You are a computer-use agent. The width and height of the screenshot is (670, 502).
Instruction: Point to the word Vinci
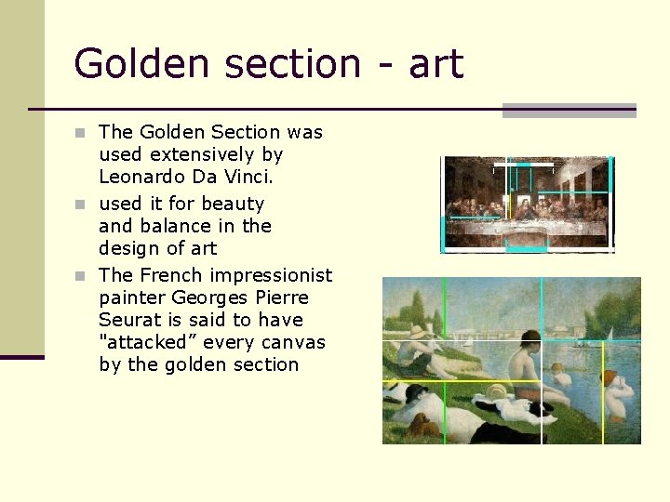point(248,177)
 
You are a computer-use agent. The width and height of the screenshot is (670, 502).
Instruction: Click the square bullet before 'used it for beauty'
point(81,204)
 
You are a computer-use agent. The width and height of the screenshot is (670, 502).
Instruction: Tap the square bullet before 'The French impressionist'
point(81,275)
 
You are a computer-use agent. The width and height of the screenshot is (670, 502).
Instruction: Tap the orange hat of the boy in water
point(611,378)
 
